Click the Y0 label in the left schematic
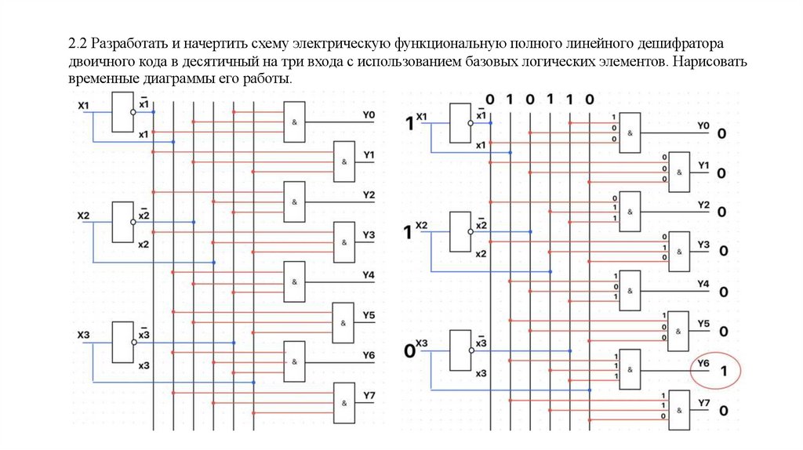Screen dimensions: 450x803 click(x=369, y=115)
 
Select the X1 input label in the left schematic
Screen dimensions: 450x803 click(x=84, y=105)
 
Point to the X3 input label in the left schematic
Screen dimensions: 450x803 click(x=84, y=336)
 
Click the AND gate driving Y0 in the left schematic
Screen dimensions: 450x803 click(x=294, y=122)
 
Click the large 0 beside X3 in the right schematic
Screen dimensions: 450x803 click(x=409, y=352)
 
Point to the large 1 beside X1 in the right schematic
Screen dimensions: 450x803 click(x=408, y=123)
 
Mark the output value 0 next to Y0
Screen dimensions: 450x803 click(x=721, y=134)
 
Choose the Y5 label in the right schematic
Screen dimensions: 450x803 click(x=703, y=324)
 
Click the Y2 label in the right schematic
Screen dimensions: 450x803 click(x=703, y=205)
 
